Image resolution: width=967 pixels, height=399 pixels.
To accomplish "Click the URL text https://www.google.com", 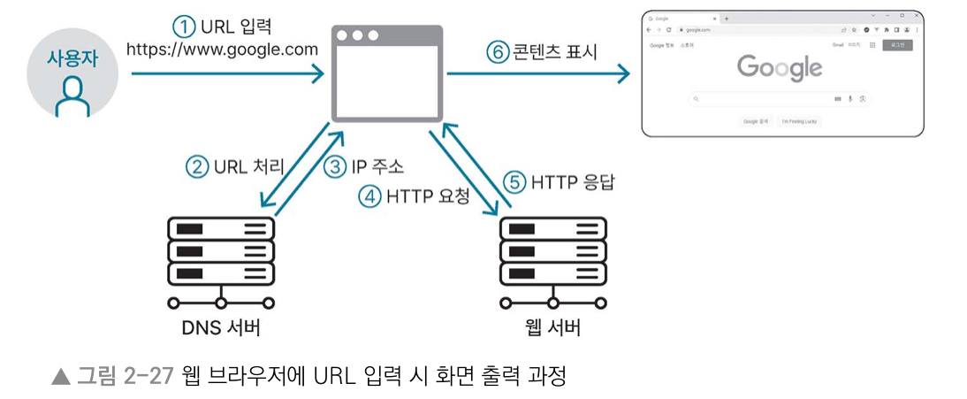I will (x=222, y=50).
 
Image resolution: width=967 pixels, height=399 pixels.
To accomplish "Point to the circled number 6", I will (x=499, y=51).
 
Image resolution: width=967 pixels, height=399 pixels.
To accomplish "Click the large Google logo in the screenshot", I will (x=779, y=67).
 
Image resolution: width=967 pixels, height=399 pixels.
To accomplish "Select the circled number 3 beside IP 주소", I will (x=334, y=165).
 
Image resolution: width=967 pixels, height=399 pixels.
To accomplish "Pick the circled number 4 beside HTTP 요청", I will (x=369, y=196).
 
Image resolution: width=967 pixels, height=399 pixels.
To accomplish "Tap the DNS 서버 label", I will (x=221, y=329).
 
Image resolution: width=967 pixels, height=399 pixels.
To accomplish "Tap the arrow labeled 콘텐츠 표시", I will (x=539, y=75).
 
